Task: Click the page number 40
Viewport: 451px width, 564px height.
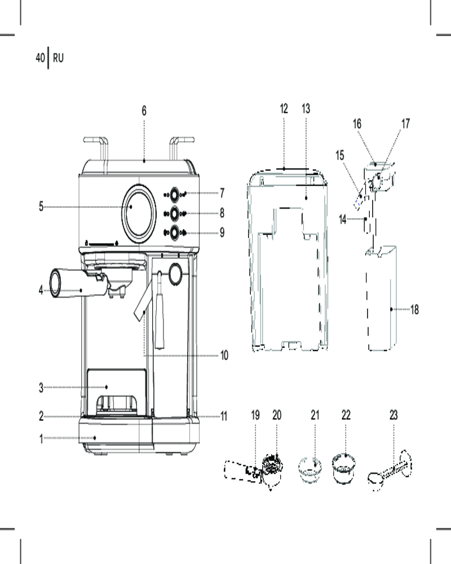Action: point(40,58)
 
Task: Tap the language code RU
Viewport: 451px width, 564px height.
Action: point(58,58)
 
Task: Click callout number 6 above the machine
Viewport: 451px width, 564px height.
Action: point(144,111)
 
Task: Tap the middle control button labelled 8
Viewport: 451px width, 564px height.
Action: point(174,213)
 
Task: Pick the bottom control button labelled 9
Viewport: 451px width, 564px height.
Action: point(174,232)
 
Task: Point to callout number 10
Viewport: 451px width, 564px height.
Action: point(224,355)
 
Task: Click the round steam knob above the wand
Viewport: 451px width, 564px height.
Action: point(175,275)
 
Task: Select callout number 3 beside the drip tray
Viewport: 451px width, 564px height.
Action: point(41,387)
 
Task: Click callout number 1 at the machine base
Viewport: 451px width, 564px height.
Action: point(41,438)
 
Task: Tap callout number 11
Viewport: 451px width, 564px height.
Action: point(224,417)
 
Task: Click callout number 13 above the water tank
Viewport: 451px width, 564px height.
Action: point(306,109)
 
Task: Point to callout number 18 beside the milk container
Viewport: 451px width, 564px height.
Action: point(414,309)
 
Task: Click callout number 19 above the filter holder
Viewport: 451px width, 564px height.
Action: point(255,415)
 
